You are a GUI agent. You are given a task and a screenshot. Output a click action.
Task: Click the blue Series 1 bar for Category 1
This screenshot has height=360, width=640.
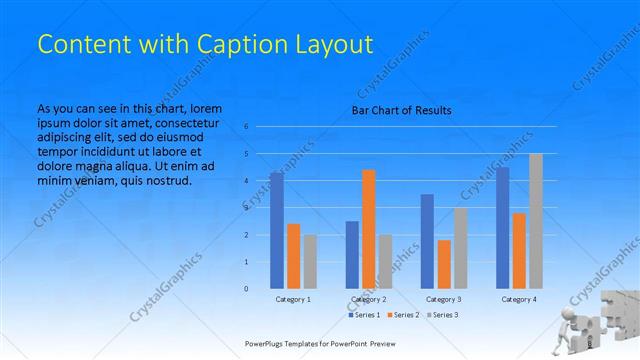click(276, 230)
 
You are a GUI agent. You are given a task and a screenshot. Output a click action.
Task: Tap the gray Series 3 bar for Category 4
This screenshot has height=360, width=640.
click(536, 221)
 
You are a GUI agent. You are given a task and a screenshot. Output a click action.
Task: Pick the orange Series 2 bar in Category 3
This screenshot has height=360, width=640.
click(444, 264)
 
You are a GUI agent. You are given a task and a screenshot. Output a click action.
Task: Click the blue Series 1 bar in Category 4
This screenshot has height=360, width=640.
click(502, 227)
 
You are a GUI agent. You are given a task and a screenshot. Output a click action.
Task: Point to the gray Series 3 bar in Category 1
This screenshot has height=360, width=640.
click(310, 261)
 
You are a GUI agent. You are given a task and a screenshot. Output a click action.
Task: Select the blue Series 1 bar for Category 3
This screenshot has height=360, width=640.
click(427, 241)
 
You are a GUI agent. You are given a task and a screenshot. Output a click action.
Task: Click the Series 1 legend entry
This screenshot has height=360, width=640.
click(364, 315)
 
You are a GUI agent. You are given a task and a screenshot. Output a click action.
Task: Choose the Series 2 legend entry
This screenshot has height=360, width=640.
click(401, 315)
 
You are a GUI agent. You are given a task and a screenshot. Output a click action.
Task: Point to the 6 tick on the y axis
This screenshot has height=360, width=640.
click(246, 127)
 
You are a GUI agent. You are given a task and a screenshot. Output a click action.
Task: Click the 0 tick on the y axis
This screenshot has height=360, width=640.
click(246, 289)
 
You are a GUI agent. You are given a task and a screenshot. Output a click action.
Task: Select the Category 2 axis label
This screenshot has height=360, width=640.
click(369, 300)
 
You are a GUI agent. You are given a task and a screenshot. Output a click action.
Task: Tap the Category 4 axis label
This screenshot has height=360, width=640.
click(519, 300)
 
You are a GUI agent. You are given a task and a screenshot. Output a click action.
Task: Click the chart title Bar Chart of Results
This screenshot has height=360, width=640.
click(401, 110)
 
